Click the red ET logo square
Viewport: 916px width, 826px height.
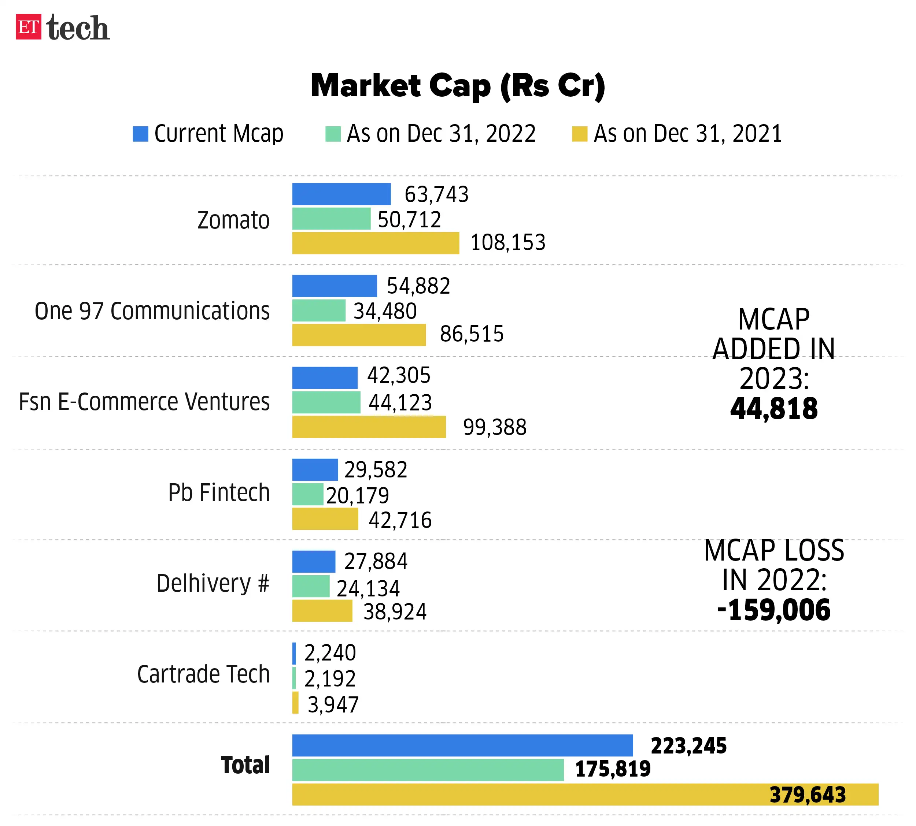(28, 27)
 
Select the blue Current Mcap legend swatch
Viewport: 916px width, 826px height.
(140, 134)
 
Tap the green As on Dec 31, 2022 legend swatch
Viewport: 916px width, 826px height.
(333, 134)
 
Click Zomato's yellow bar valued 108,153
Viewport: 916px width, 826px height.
(375, 243)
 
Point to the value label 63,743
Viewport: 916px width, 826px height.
(436, 194)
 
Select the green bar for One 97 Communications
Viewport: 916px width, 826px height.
(318, 310)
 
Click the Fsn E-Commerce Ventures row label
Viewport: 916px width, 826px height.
(144, 402)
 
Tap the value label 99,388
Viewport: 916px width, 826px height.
(494, 427)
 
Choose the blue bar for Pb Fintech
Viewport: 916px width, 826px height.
(315, 469)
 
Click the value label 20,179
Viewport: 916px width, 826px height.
(357, 495)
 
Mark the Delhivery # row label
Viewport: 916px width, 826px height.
(213, 583)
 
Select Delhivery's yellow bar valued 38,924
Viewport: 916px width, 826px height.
(322, 610)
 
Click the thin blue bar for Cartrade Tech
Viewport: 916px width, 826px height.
(294, 653)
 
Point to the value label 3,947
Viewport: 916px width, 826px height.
(333, 704)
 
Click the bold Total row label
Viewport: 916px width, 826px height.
(245, 765)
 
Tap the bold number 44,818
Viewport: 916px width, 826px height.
(773, 409)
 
